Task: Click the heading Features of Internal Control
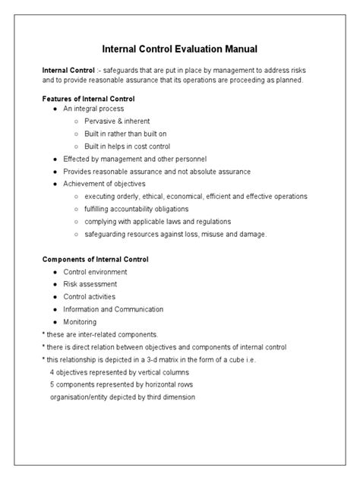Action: pyautogui.click(x=88, y=99)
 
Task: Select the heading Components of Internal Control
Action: pyautogui.click(x=96, y=259)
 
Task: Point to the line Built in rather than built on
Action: pyautogui.click(x=126, y=134)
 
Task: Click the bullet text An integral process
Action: pyautogui.click(x=93, y=109)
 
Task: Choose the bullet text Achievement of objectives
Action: pyautogui.click(x=104, y=184)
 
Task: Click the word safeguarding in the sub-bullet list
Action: pyautogui.click(x=108, y=234)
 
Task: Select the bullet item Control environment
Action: pyautogui.click(x=96, y=271)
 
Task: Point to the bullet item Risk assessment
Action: pyautogui.click(x=90, y=284)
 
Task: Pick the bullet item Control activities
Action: pyautogui.click(x=92, y=297)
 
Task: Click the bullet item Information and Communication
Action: pyautogui.click(x=114, y=309)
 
